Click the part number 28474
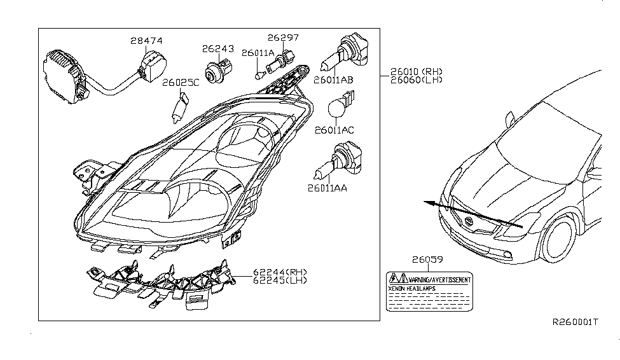point(146,41)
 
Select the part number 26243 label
point(218,48)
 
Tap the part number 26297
point(283,38)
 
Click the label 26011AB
point(333,81)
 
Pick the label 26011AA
point(329,188)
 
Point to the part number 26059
point(427,260)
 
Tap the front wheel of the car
point(562,242)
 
